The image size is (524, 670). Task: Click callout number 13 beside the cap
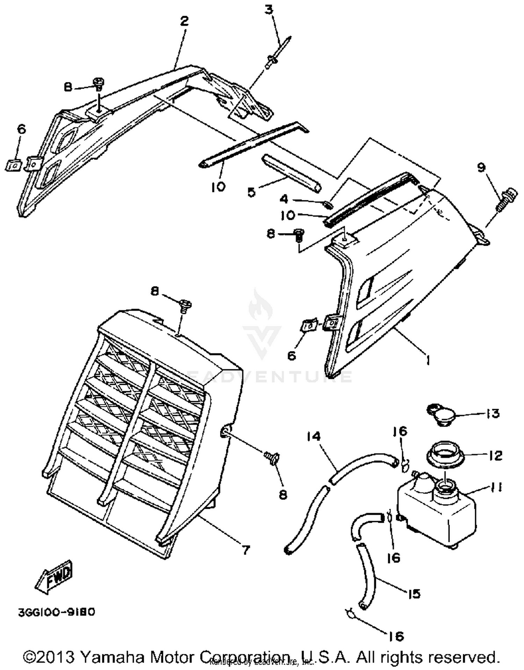pyautogui.click(x=493, y=414)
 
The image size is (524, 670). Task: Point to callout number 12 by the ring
pyautogui.click(x=495, y=455)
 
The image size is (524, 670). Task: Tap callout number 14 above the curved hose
pyautogui.click(x=314, y=437)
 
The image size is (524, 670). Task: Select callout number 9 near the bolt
pyautogui.click(x=481, y=168)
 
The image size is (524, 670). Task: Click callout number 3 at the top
pyautogui.click(x=268, y=10)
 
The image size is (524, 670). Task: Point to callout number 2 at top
pyautogui.click(x=184, y=21)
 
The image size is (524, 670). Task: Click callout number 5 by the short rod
pyautogui.click(x=252, y=192)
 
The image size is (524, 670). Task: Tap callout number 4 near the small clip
pyautogui.click(x=284, y=199)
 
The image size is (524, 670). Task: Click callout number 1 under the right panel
pyautogui.click(x=427, y=360)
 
